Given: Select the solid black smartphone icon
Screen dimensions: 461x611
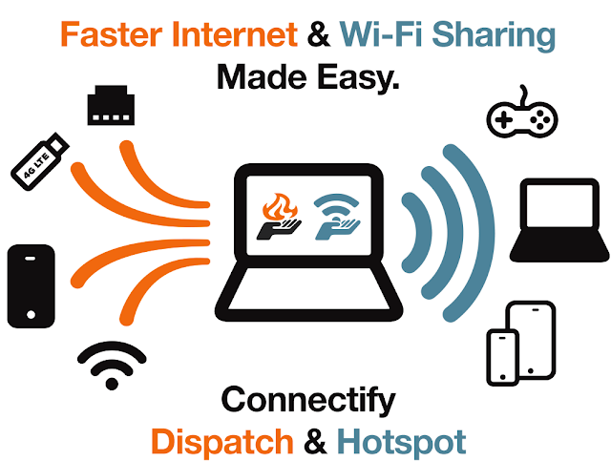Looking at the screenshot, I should pos(32,283).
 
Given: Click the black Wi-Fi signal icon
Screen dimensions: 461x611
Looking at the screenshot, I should pos(112,364).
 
